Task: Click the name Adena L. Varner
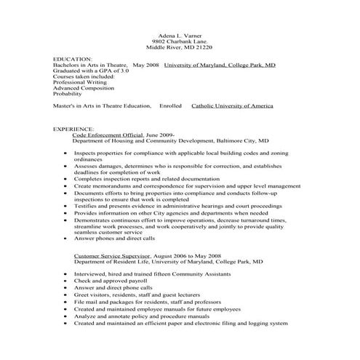coord(179,34)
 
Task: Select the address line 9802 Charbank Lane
coord(179,41)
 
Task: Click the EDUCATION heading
coord(73,58)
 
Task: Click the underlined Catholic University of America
coord(232,105)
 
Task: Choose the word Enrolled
coord(170,105)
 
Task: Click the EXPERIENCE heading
coord(73,129)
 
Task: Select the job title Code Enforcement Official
coord(108,135)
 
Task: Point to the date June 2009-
coord(161,135)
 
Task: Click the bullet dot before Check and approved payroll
coord(66,280)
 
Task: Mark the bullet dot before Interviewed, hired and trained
coord(66,274)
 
